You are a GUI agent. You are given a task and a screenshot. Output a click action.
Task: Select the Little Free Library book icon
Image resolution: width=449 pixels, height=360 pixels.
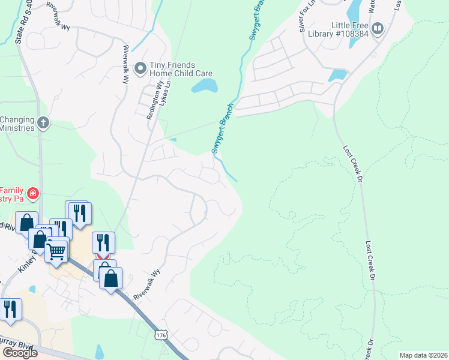[x=378, y=28]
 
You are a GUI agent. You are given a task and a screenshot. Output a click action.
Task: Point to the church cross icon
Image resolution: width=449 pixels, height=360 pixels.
[x=43, y=123]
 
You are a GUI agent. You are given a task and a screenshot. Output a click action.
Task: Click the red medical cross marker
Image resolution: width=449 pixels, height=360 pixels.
[x=32, y=194]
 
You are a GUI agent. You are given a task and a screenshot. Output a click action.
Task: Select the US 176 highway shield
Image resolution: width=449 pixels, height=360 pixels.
[x=160, y=334]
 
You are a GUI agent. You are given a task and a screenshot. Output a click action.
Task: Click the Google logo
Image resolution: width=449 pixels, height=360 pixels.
[x=20, y=352]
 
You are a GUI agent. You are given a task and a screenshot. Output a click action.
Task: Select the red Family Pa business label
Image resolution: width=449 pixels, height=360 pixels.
[x=12, y=194]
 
